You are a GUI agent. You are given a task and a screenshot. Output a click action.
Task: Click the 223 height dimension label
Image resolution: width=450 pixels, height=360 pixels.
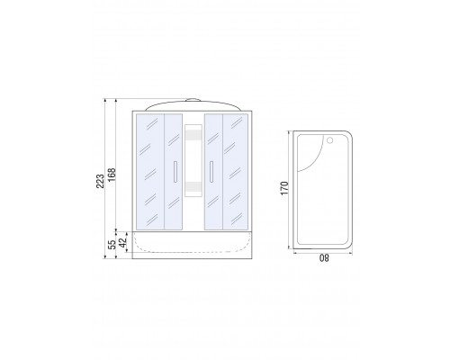[100, 181]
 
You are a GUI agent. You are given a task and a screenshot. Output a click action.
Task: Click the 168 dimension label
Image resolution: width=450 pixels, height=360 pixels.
[112, 175]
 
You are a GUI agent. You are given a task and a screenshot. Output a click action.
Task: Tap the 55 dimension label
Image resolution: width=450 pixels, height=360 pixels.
[112, 245]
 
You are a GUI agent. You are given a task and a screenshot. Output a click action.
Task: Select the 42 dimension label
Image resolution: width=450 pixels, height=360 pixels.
[122, 242]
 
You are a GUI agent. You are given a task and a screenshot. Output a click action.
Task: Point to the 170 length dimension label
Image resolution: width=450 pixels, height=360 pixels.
[284, 188]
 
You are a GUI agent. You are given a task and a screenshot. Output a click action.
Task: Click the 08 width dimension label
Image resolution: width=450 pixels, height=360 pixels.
[324, 258]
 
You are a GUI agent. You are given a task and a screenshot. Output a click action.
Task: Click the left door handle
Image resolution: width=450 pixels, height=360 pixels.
[175, 172]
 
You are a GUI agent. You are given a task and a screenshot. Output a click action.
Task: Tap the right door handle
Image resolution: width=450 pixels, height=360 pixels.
[211, 172]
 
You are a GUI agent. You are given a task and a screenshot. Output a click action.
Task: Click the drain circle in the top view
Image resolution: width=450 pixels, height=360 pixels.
[330, 140]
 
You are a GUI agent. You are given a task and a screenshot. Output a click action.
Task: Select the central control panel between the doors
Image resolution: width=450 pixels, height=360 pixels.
[193, 160]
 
